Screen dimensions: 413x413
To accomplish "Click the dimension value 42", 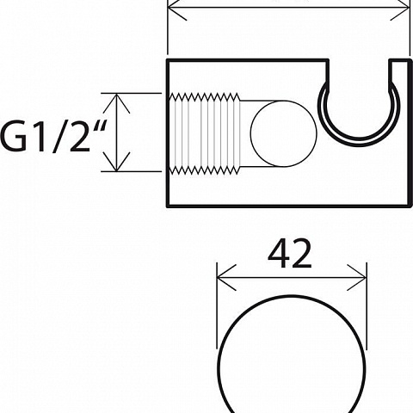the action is point(289,254).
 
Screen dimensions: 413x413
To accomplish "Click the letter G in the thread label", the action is point(14,137).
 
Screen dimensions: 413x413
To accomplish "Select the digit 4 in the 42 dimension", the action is point(278,254).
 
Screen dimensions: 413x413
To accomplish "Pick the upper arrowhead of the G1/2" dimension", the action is point(116,103).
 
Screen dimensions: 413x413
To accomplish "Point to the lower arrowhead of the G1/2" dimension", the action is point(116,162).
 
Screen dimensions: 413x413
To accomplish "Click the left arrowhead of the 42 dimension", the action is point(226,278).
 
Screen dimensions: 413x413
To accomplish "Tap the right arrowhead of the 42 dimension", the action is point(357,278).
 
